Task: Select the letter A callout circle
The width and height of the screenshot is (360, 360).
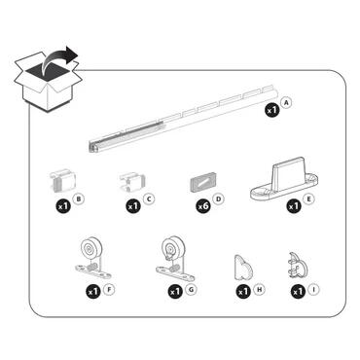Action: [x=285, y=102]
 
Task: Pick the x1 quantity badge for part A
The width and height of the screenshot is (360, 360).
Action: [x=270, y=112]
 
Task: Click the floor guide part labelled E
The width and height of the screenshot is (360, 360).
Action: [x=281, y=180]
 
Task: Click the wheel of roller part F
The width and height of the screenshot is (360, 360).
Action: [x=92, y=252]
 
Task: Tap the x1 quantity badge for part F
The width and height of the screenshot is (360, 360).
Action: [x=93, y=290]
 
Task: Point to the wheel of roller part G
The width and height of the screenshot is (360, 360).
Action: [x=174, y=252]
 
